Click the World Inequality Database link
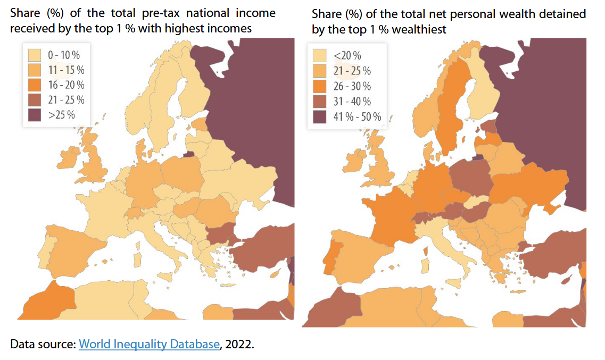[150, 344]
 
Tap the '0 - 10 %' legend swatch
[35, 55]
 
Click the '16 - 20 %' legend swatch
[35, 85]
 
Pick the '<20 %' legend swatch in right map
[320, 55]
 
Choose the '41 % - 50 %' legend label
[357, 117]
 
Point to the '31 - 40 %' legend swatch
[320, 102]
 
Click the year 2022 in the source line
[239, 344]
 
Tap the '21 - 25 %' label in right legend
[352, 71]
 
